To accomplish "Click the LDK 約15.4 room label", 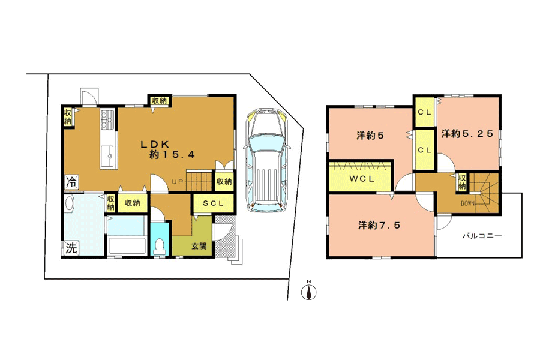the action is click(168, 149).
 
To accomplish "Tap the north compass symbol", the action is click(309, 291).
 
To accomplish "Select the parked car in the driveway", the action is click(267, 161).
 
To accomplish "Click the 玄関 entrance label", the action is click(199, 247).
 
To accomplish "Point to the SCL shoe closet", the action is click(213, 203).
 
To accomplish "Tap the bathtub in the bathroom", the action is click(126, 245).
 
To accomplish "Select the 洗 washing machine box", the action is click(71, 248).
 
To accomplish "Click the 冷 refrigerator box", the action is click(71, 182).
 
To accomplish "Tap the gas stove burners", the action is click(107, 119).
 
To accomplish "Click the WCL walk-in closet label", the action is click(362, 179).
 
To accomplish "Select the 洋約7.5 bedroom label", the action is click(379, 226).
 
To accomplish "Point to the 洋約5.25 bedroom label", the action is click(467, 134).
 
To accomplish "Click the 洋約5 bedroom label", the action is click(370, 136).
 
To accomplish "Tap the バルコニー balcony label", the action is click(482, 236).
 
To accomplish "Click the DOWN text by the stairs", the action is click(467, 203).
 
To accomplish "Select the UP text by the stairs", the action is click(178, 182).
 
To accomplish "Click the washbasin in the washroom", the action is click(69, 205).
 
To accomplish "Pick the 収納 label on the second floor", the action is click(462, 182).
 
